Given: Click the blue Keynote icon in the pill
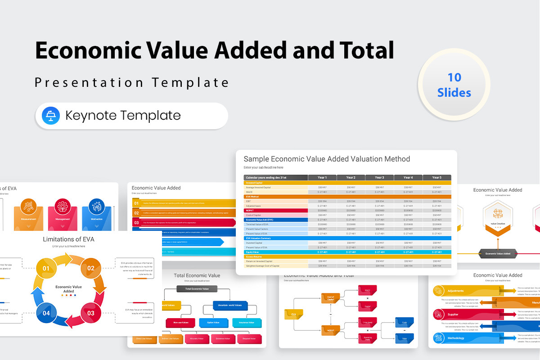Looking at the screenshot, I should click(x=51, y=116).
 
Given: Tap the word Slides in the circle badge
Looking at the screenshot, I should click(x=454, y=93).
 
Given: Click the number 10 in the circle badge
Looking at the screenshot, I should click(x=454, y=77).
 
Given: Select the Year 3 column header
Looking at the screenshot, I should click(x=379, y=177).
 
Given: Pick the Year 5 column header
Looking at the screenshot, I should click(x=436, y=177).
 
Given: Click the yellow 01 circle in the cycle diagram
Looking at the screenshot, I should click(x=46, y=269).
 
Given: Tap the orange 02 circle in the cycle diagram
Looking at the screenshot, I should click(x=91, y=269).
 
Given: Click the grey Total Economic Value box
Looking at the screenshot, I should click(x=197, y=288).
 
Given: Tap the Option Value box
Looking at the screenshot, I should click(x=213, y=322).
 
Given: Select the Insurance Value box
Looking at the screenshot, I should click(x=247, y=322).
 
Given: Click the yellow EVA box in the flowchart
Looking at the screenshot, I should click(x=294, y=314).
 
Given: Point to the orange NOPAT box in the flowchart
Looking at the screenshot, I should click(x=330, y=330).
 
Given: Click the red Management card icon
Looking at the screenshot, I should click(x=63, y=207).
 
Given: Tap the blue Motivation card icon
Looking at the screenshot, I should click(x=96, y=207).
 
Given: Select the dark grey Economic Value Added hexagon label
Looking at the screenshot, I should click(x=498, y=253).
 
